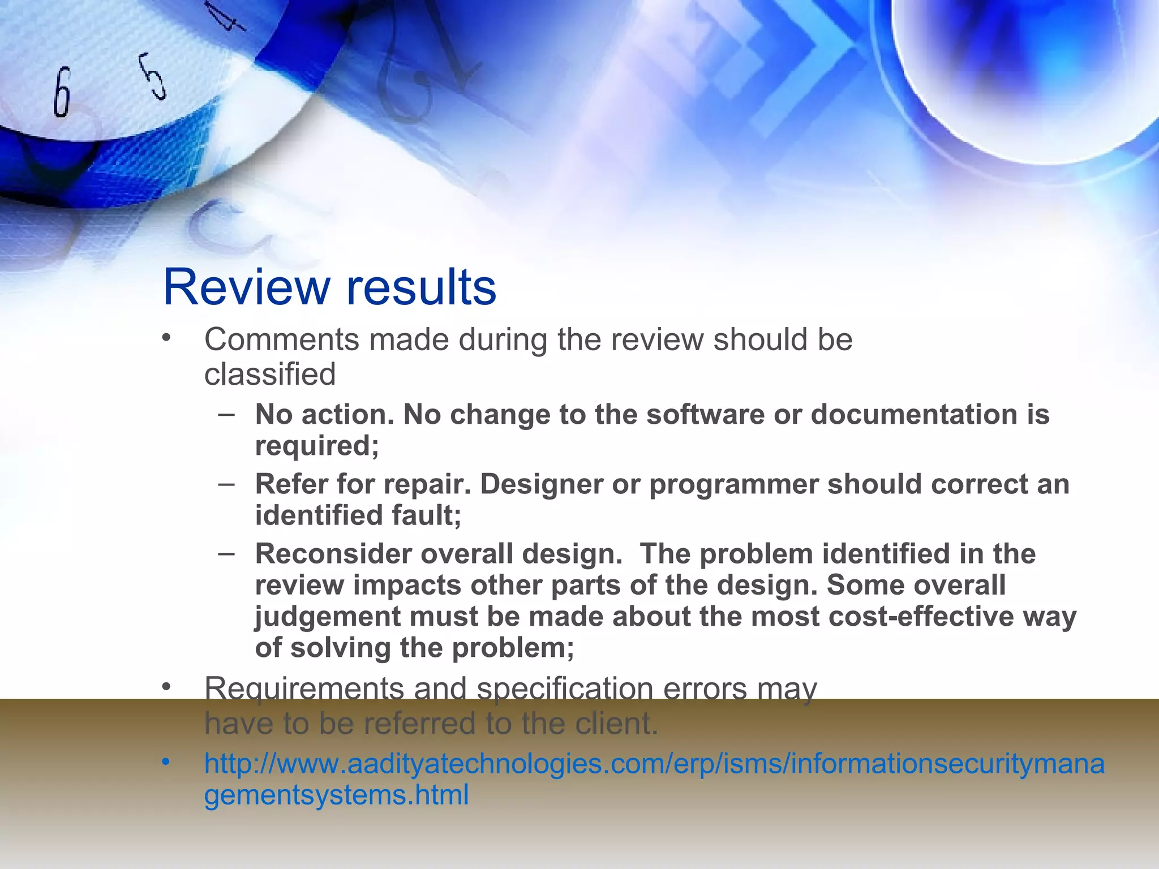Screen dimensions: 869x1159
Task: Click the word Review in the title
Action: [x=246, y=287]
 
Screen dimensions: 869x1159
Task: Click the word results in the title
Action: [x=421, y=287]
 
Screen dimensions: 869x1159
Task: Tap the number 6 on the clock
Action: [x=62, y=92]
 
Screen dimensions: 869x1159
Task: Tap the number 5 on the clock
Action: [x=153, y=76]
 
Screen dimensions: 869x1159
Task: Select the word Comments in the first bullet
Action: [x=281, y=340]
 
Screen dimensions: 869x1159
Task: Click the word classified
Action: [x=270, y=375]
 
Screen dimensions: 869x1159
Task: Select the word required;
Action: [x=317, y=446]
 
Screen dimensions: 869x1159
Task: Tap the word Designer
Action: [x=541, y=484]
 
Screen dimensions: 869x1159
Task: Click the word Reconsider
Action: [x=333, y=554]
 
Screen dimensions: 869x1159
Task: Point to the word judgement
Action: [x=328, y=617]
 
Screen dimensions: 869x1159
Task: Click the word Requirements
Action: [x=304, y=690]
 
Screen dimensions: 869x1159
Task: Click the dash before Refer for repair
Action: [x=226, y=485]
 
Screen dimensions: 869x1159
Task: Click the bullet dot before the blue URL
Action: [x=165, y=763]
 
